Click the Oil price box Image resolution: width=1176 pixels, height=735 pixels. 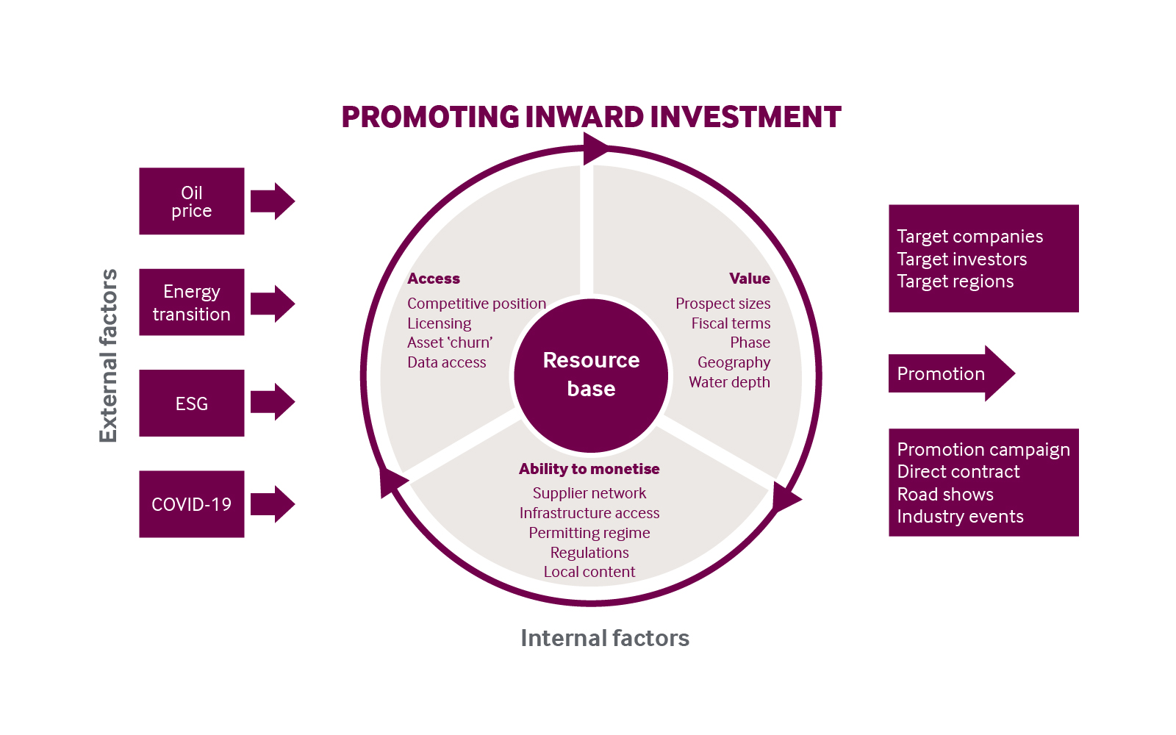[x=191, y=201]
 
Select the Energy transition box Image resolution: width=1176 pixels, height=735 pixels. [x=191, y=302]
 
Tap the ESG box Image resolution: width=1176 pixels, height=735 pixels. [x=191, y=403]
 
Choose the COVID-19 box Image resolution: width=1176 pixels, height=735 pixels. [x=191, y=504]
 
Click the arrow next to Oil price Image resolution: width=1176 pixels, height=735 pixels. [x=272, y=201]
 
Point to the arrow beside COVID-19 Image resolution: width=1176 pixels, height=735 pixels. [x=272, y=504]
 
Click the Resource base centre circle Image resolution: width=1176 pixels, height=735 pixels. [x=591, y=375]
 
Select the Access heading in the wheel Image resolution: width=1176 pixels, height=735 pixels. [x=434, y=279]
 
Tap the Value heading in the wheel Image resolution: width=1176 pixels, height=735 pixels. [x=749, y=279]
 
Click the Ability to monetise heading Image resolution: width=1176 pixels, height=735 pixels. [x=589, y=469]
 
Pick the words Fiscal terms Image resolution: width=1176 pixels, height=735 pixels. [x=731, y=323]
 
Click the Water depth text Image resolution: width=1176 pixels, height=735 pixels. [x=729, y=382]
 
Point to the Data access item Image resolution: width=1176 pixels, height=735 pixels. [x=447, y=362]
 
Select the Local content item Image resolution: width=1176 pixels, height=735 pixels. [x=589, y=572]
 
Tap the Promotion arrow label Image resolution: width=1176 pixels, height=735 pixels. [x=941, y=373]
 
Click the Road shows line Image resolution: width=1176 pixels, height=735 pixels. [x=945, y=494]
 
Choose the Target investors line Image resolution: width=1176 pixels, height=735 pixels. [x=961, y=259]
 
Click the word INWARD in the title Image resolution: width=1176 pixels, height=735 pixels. [x=584, y=118]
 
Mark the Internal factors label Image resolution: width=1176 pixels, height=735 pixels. [x=605, y=638]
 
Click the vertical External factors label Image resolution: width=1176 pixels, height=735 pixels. [x=108, y=356]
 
